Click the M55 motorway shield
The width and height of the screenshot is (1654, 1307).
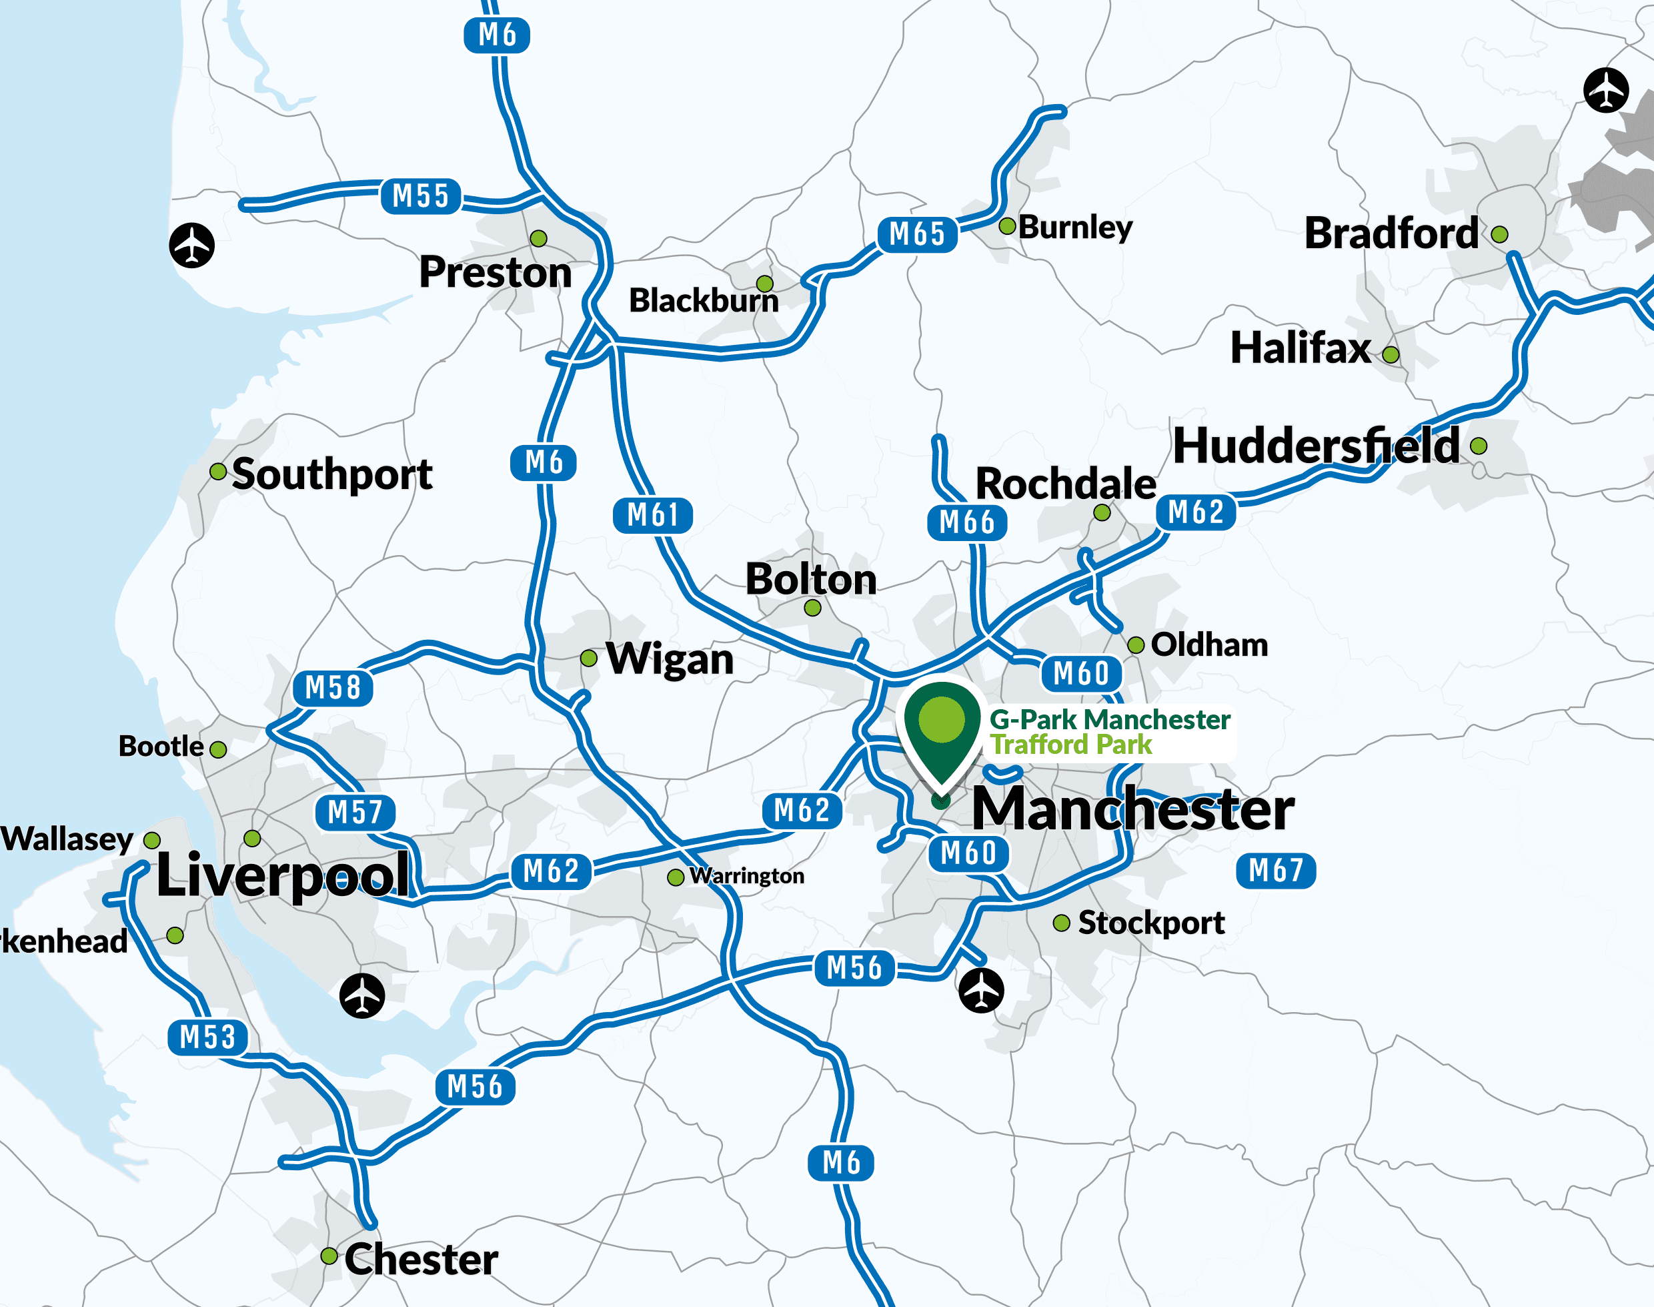coord(420,196)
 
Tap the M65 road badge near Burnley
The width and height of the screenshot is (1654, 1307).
coord(917,234)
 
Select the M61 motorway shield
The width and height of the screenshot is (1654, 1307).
coord(652,515)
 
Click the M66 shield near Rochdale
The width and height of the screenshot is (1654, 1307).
coord(967,522)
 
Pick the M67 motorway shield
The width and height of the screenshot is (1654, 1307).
coord(1275,870)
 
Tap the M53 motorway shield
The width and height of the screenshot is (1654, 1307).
coord(207,1037)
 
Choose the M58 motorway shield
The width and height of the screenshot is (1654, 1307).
coord(333,687)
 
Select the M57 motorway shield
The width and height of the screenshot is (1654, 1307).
coord(355,812)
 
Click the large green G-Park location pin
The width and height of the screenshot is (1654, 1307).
coord(942,727)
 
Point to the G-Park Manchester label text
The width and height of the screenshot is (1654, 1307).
coord(1109,720)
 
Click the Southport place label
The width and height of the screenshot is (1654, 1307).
coord(332,474)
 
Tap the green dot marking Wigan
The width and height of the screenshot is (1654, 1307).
coord(588,658)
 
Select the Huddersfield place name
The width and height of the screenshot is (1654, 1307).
coord(1316,446)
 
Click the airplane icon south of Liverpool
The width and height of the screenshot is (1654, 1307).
coord(362,995)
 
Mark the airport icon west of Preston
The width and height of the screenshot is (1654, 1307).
coord(191,245)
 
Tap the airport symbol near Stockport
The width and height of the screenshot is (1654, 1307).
coord(981,990)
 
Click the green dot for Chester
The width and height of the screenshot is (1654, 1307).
coord(329,1256)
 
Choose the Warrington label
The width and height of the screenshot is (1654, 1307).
coord(747,875)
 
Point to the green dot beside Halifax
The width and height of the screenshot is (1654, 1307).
coord(1391,354)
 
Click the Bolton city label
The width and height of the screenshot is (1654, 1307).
coord(811,579)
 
